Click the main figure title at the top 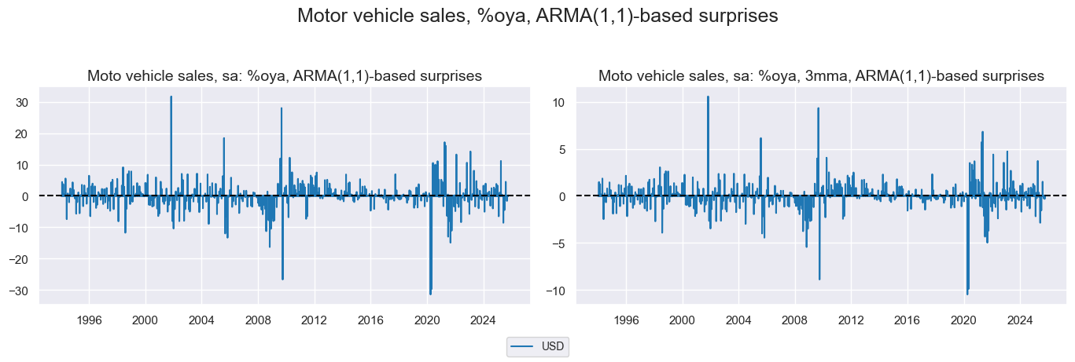click(x=537, y=16)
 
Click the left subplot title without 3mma click(x=285, y=76)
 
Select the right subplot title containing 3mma click(x=821, y=76)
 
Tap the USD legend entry click(x=538, y=346)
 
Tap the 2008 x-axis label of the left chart click(x=257, y=320)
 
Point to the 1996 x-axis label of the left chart click(x=89, y=320)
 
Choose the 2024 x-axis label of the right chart click(x=1020, y=320)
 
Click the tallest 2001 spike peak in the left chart click(x=171, y=97)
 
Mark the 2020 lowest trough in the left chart click(x=430, y=294)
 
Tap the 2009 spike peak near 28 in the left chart click(x=281, y=108)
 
